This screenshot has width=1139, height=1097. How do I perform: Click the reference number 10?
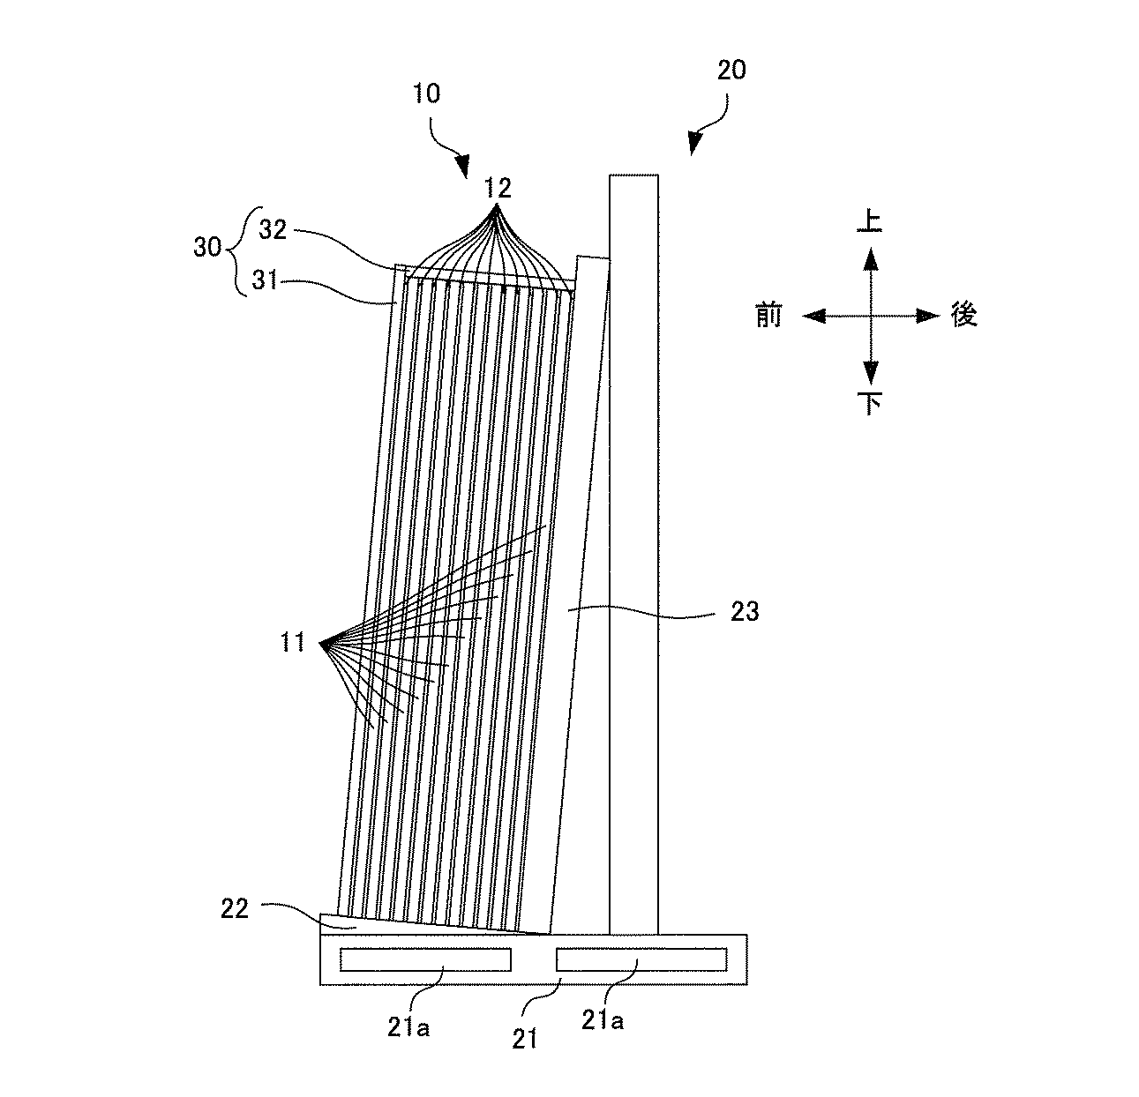[x=426, y=94]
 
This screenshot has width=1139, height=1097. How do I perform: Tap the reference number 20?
[x=731, y=71]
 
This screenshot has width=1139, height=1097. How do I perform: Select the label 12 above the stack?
[x=497, y=187]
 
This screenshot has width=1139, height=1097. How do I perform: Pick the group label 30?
[x=207, y=248]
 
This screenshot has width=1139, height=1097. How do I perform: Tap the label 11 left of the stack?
[x=293, y=644]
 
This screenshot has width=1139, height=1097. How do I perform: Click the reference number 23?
[x=745, y=610]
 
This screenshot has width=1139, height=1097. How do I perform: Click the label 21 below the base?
[x=526, y=1040]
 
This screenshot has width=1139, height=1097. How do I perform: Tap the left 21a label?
[x=408, y=1027]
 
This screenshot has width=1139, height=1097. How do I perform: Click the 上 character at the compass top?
[x=871, y=220]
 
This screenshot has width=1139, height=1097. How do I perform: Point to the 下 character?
[x=871, y=404]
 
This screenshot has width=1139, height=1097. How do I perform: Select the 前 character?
[x=768, y=315]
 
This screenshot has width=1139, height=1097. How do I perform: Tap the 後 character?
[x=964, y=314]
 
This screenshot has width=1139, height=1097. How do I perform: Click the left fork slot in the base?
[x=424, y=959]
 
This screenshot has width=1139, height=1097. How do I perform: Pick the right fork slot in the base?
[x=641, y=959]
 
